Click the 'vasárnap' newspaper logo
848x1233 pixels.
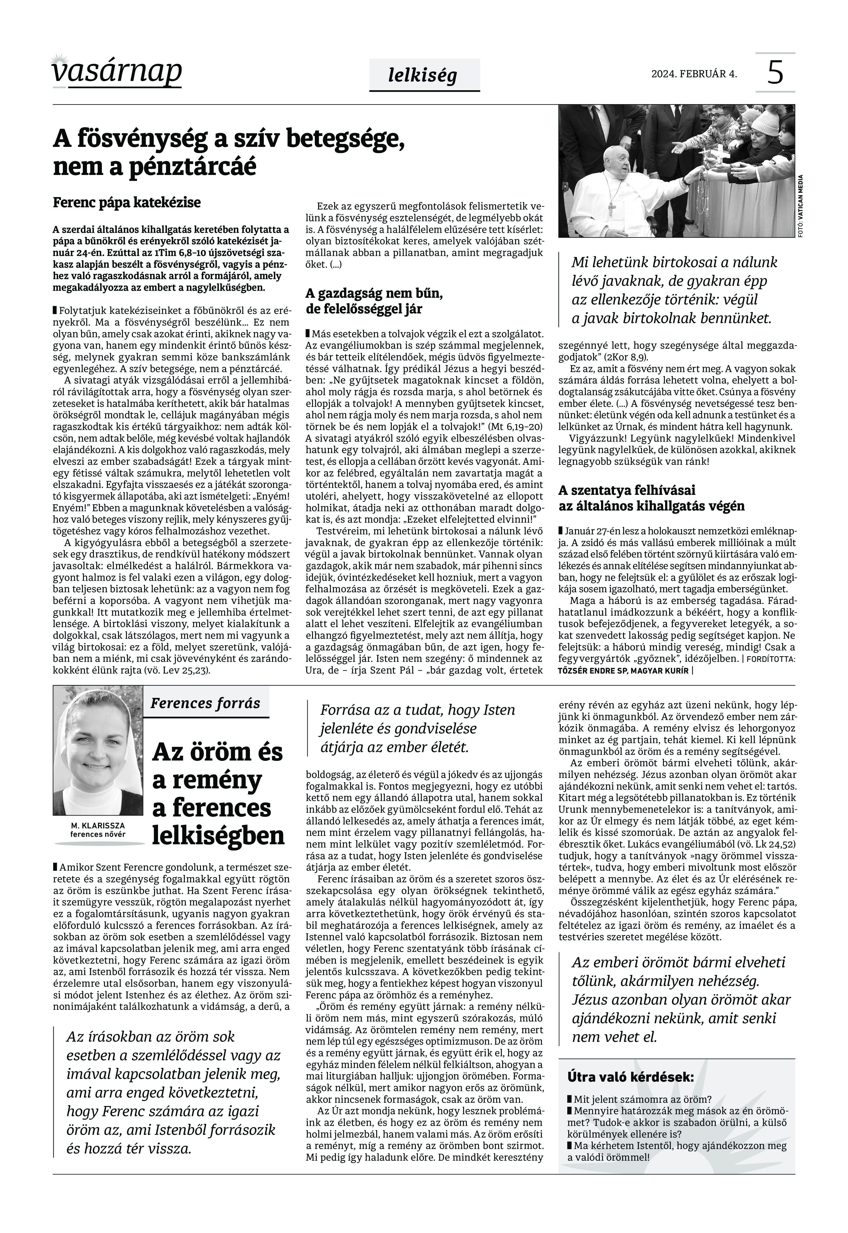[x=117, y=72]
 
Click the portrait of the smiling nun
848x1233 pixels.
[x=98, y=750]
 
